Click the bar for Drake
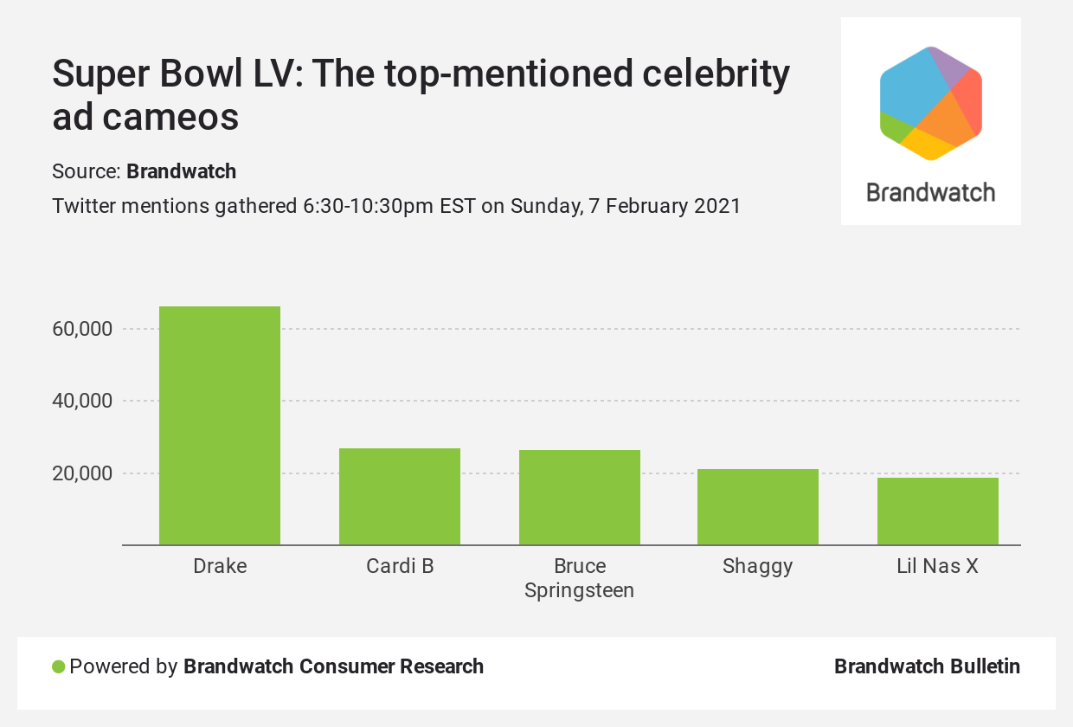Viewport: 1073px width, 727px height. (220, 426)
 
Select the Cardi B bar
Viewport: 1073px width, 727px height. (400, 497)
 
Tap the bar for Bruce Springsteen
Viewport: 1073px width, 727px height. (580, 498)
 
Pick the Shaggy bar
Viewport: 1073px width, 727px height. (758, 507)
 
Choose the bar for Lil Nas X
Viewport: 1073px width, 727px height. (938, 511)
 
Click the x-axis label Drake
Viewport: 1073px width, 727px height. (220, 567)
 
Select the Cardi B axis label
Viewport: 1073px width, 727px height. (400, 567)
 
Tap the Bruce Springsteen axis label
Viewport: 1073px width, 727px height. (580, 578)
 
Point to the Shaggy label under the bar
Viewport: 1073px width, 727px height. (758, 567)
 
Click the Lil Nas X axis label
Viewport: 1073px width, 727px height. (938, 567)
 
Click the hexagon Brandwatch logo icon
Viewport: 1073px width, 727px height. (931, 104)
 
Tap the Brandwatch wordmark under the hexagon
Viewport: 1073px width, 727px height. (931, 192)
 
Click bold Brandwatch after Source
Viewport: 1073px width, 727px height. (182, 171)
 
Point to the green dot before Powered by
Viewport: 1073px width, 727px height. (59, 667)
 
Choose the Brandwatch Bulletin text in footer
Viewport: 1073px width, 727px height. (927, 666)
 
